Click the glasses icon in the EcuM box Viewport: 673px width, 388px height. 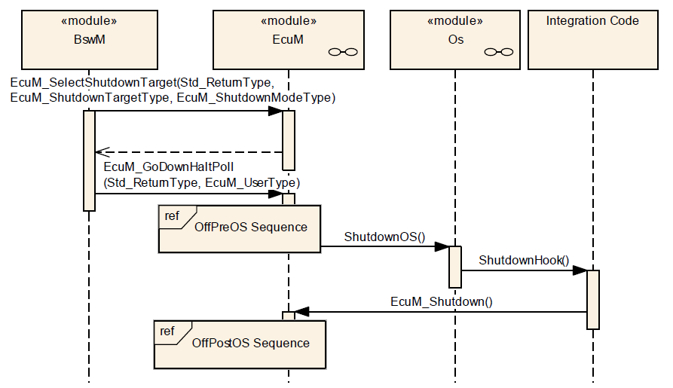coord(342,52)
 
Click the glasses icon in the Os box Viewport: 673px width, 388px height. coord(499,52)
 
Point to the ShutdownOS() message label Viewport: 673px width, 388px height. coord(384,237)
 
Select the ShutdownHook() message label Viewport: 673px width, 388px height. coord(524,261)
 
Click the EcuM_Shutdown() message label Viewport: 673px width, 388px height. coord(441,301)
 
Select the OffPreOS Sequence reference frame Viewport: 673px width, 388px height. coord(239,228)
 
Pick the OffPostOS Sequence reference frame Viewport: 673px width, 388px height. coord(240,344)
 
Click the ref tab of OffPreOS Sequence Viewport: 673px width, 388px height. coord(173,215)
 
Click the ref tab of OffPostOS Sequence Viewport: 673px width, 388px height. coord(167,331)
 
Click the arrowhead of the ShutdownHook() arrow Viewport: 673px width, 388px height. coord(580,271)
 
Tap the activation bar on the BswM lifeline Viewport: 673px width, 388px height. coord(89,160)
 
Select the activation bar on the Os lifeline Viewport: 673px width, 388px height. coord(455,266)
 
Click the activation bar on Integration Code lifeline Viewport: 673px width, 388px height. coord(592,299)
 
